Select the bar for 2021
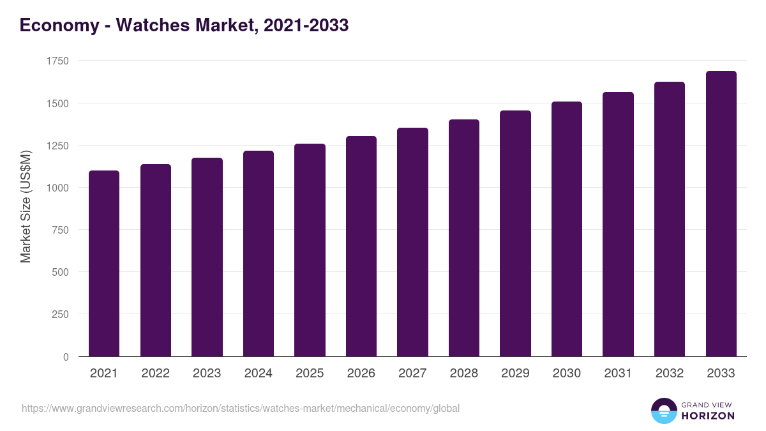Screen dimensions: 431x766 click(x=104, y=263)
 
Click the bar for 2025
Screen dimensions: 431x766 click(x=310, y=250)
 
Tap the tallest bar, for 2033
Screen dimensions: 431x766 click(x=721, y=213)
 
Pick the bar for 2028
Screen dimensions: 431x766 click(x=464, y=238)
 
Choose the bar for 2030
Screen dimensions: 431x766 click(x=567, y=229)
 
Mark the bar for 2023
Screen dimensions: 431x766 click(x=207, y=257)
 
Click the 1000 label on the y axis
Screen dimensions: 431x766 click(x=57, y=188)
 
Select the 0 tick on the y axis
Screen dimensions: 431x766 click(x=66, y=357)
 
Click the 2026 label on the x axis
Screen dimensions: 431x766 click(x=361, y=374)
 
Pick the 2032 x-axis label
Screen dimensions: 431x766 click(x=670, y=374)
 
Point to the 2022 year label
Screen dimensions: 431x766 click(x=156, y=374)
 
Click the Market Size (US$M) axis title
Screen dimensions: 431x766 click(x=26, y=206)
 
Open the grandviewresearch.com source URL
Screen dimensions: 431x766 click(x=240, y=409)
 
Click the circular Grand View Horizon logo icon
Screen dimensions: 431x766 click(x=664, y=411)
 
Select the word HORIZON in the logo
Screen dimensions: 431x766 click(x=707, y=416)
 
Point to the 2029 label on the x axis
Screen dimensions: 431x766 click(x=515, y=374)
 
